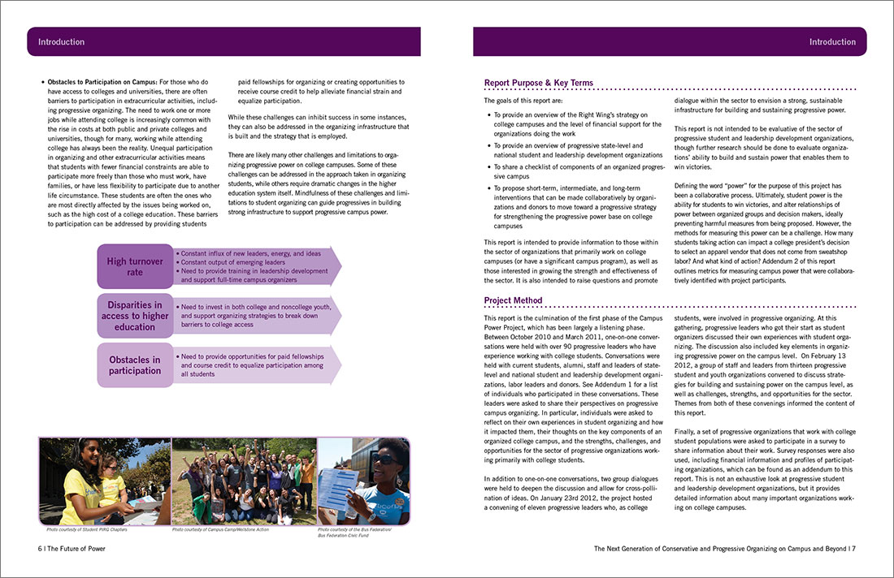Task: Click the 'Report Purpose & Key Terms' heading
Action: [538, 83]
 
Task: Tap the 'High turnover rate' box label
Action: [135, 266]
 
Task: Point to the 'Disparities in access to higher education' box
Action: [135, 316]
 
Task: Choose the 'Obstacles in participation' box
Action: [135, 365]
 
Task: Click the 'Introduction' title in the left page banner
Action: [61, 41]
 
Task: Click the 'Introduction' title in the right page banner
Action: [832, 41]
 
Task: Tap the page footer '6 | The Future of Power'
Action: [72, 549]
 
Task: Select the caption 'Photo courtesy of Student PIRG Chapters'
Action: [83, 530]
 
